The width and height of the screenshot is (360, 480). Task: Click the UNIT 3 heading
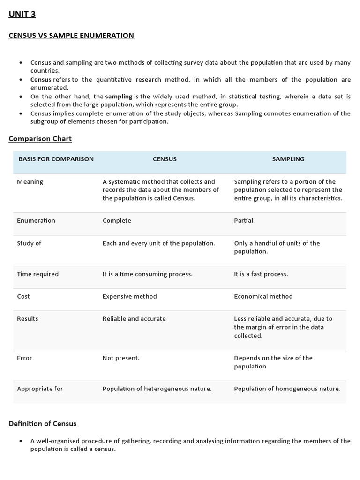pos(22,14)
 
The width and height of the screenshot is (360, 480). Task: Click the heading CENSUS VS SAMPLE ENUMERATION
pos(71,36)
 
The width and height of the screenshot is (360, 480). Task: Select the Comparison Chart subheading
pos(40,139)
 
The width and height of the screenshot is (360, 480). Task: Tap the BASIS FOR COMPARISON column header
pos(56,159)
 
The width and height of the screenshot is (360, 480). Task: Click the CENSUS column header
pos(165,159)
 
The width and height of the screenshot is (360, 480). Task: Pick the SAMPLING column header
pos(288,159)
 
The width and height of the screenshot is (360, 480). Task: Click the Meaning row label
pos(30,182)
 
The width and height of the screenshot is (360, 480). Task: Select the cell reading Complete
pos(117,220)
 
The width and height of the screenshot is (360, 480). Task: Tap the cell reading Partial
pos(243,220)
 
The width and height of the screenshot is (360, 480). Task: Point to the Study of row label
pos(29,243)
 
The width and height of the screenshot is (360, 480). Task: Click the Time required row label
pos(37,274)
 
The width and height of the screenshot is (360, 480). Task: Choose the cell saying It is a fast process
pos(261,274)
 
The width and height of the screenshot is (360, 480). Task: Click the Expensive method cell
pos(130,296)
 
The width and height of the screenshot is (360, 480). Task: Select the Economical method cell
pos(263,296)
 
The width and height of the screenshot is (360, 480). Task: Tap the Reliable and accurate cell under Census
pos(134,319)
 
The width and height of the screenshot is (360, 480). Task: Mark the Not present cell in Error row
pos(121,358)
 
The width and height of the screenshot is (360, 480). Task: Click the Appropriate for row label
pos(40,389)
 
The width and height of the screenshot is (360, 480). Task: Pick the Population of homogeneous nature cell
pos(287,389)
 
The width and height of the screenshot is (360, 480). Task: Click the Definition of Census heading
pos(43,424)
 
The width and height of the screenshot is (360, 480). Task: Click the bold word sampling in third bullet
pos(119,97)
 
